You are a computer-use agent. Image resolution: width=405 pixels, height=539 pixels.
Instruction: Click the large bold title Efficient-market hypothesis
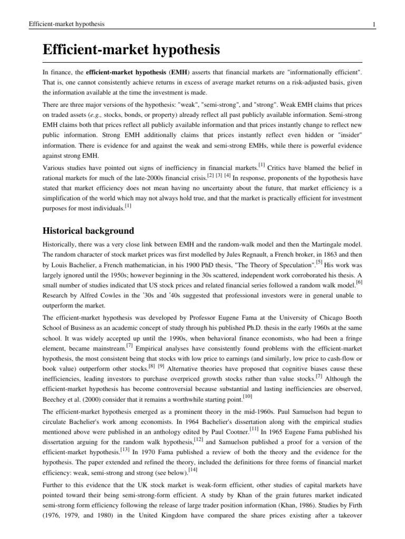(x=131, y=51)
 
